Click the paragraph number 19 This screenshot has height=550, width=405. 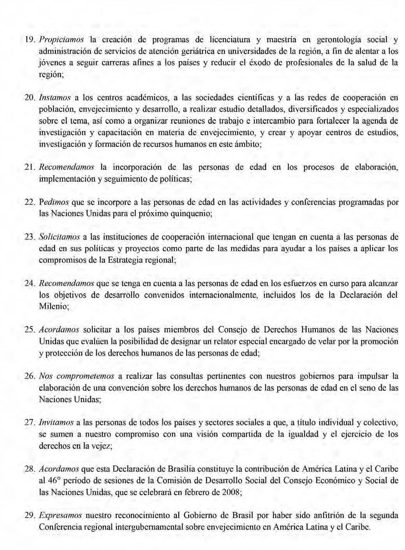(30, 40)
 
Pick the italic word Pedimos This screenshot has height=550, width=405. (54, 202)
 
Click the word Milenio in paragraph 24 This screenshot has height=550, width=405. (53, 307)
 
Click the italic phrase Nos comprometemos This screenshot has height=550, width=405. (76, 376)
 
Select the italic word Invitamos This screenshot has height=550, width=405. (56, 423)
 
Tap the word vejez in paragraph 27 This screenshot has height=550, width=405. (102, 446)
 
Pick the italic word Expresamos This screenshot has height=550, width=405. (60, 515)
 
